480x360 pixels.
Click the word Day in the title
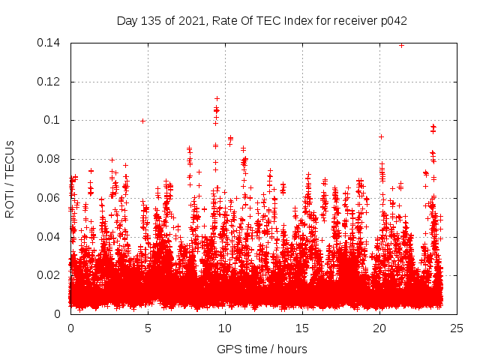click(x=127, y=20)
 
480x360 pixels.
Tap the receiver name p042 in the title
click(x=392, y=20)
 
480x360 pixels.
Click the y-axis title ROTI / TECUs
click(x=10, y=178)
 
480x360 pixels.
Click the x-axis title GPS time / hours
click(x=262, y=349)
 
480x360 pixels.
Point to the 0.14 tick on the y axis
click(x=49, y=43)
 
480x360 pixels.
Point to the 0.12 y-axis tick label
click(x=49, y=82)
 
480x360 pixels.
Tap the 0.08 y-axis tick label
click(x=49, y=159)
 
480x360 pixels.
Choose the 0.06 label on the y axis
click(x=49, y=198)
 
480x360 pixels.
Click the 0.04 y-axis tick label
click(x=49, y=237)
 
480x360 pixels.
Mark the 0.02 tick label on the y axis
click(x=49, y=275)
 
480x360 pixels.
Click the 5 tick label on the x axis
click(x=148, y=328)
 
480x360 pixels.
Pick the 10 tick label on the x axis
click(x=225, y=328)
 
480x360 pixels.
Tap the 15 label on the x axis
click(x=302, y=328)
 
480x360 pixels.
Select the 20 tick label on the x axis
click(x=379, y=328)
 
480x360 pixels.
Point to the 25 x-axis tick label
click(x=457, y=328)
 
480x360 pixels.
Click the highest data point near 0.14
click(x=401, y=45)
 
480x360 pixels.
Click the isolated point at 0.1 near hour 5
click(x=142, y=120)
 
